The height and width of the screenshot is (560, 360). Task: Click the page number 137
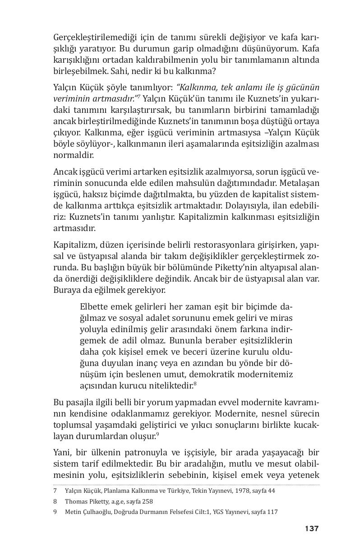(x=311, y=528)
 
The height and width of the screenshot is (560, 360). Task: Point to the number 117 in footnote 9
(x=272, y=512)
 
